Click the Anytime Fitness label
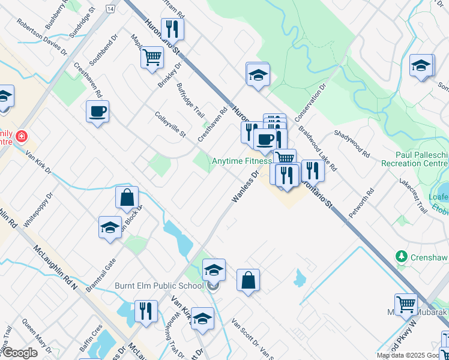click(242, 161)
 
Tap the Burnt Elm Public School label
click(159, 286)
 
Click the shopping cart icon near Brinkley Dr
click(152, 58)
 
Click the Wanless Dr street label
click(246, 186)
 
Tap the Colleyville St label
click(170, 124)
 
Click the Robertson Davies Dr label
click(41, 37)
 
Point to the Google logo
click(20, 353)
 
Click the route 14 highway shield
click(110, 8)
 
